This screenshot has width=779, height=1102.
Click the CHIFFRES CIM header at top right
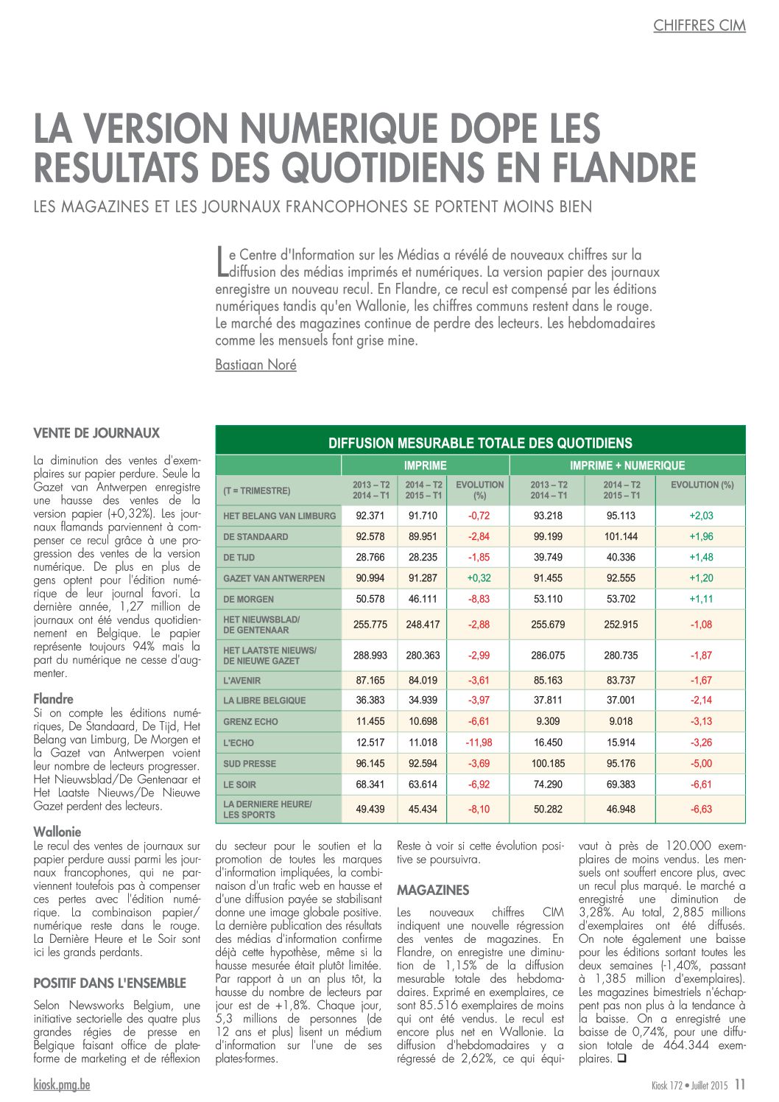[699, 26]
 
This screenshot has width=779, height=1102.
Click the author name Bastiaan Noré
[255, 365]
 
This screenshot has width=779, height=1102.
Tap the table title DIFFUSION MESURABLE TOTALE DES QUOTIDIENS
[480, 443]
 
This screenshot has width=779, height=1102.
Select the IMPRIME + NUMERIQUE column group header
[627, 466]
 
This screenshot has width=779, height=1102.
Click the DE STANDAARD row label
[255, 537]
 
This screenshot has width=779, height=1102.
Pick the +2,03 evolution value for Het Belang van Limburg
[701, 516]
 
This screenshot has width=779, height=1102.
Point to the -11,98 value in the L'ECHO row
[479, 743]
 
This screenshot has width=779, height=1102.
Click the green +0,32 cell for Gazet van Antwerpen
[479, 578]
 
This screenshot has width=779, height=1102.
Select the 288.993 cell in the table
[370, 655]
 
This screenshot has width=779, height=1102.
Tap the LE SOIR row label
[239, 785]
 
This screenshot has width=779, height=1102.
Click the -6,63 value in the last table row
[701, 809]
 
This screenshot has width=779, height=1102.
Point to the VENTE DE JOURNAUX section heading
[96, 433]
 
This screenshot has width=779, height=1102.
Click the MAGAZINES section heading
[432, 890]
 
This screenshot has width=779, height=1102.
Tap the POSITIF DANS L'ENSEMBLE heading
[110, 983]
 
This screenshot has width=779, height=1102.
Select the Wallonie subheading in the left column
[57, 832]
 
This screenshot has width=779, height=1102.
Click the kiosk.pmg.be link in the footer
[62, 1084]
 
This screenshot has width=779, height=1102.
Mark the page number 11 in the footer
[740, 1084]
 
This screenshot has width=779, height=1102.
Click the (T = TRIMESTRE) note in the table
[256, 491]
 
